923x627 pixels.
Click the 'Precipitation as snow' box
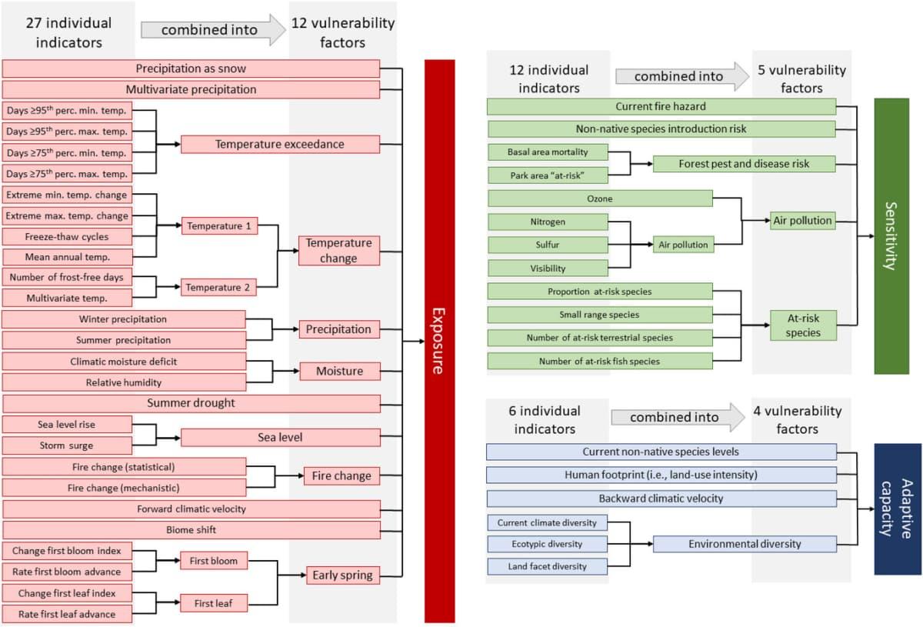click(x=192, y=68)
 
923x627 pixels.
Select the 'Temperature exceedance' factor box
click(x=280, y=144)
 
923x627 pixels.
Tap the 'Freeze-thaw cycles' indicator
click(x=67, y=236)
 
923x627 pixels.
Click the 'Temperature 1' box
click(x=219, y=227)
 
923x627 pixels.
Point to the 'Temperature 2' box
click(x=219, y=288)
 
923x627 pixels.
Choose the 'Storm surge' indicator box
click(x=67, y=445)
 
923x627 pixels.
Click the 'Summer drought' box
click(x=192, y=403)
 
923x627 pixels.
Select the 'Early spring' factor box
click(x=342, y=575)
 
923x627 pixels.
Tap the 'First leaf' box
click(x=214, y=603)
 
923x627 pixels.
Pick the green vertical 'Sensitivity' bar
click(x=892, y=236)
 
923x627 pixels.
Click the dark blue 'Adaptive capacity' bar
click(x=898, y=509)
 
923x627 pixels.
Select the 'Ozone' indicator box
click(x=600, y=198)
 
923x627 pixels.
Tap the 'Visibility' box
click(x=548, y=268)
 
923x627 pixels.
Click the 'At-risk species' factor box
click(x=803, y=325)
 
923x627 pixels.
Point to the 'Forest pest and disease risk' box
click(x=745, y=164)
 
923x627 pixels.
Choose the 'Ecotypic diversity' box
click(x=548, y=544)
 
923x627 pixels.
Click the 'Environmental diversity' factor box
click(x=745, y=544)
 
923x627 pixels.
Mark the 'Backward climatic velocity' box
click(x=661, y=499)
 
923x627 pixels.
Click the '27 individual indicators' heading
click(x=68, y=32)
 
